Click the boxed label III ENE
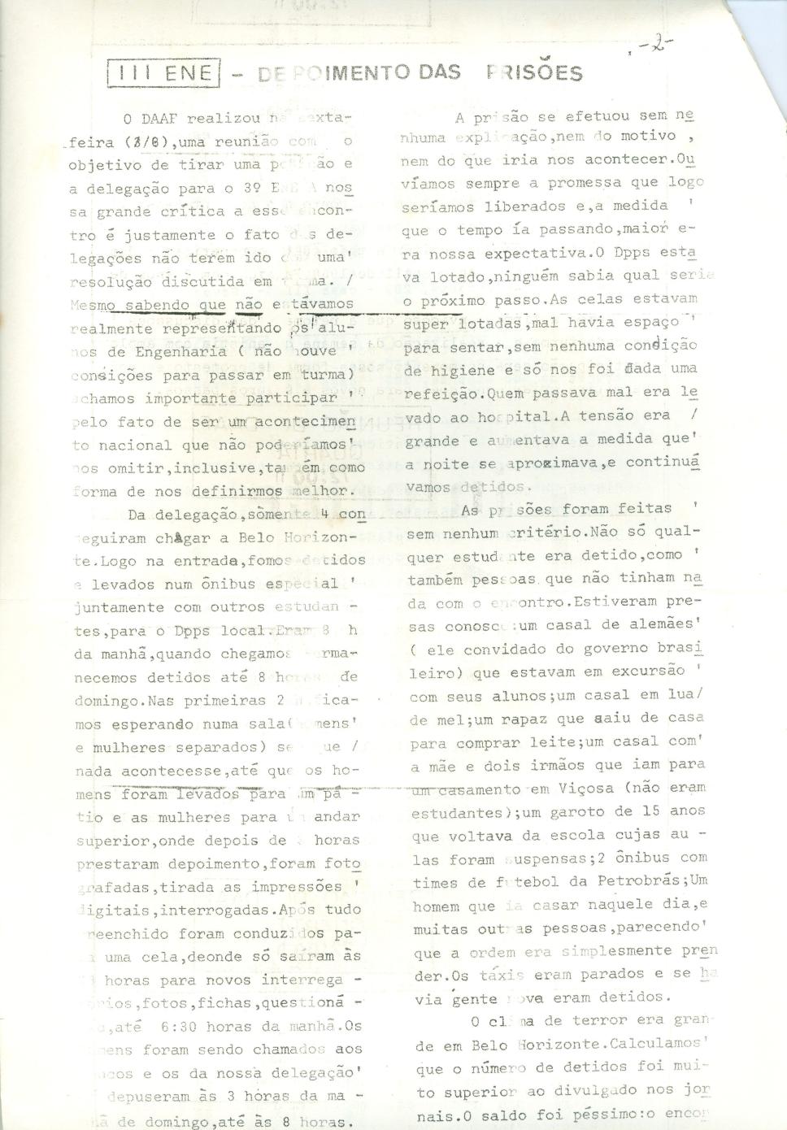coord(163,74)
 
